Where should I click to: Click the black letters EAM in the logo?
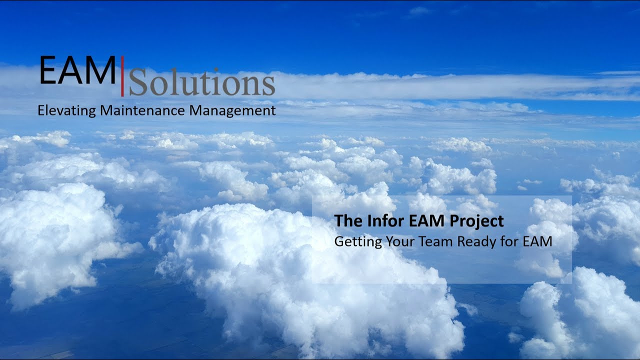coord(77,71)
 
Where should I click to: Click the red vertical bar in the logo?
coord(122,76)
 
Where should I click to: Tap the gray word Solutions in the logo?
coord(202,83)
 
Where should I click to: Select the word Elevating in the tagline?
coord(67,111)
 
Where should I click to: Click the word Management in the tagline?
coord(232,111)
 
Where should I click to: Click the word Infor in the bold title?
coord(373,220)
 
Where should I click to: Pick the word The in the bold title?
coord(344,220)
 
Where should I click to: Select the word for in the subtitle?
coord(510,241)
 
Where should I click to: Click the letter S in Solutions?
coord(138,83)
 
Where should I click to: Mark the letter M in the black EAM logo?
coord(101,71)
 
